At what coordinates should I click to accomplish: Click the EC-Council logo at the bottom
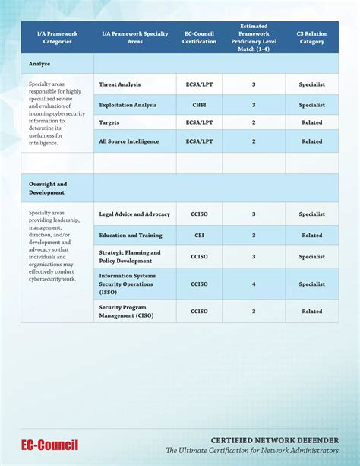click(49, 445)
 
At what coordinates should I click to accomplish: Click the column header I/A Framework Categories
click(58, 37)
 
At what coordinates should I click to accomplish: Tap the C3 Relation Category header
click(311, 37)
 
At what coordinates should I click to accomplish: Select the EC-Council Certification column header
click(200, 37)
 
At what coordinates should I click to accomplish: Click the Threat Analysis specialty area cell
click(120, 84)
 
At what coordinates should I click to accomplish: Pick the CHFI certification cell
click(200, 105)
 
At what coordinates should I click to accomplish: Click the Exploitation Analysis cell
click(128, 105)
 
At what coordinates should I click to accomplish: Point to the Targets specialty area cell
click(109, 122)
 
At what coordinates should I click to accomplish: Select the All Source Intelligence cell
click(128, 141)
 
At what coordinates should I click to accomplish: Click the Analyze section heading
click(39, 64)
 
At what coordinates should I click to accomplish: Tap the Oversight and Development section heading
click(48, 188)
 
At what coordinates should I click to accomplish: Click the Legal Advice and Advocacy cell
click(134, 214)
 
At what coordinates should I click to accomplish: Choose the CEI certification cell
click(200, 236)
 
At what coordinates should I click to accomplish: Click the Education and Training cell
click(131, 236)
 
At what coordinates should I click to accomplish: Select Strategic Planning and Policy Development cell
click(130, 256)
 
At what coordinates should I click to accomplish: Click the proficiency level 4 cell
click(254, 284)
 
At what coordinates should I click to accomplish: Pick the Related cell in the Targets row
click(311, 122)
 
